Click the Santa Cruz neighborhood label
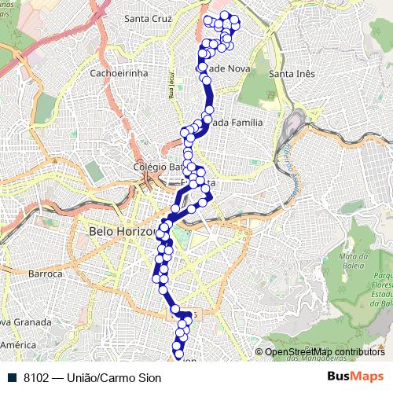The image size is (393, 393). pyautogui.click(x=149, y=17)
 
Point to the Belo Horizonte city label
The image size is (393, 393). pyautogui.click(x=126, y=232)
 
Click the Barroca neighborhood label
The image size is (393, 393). pyautogui.click(x=45, y=274)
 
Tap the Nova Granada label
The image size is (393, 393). pyautogui.click(x=26, y=322)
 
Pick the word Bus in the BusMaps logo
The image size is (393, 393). pyautogui.click(x=339, y=377)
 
